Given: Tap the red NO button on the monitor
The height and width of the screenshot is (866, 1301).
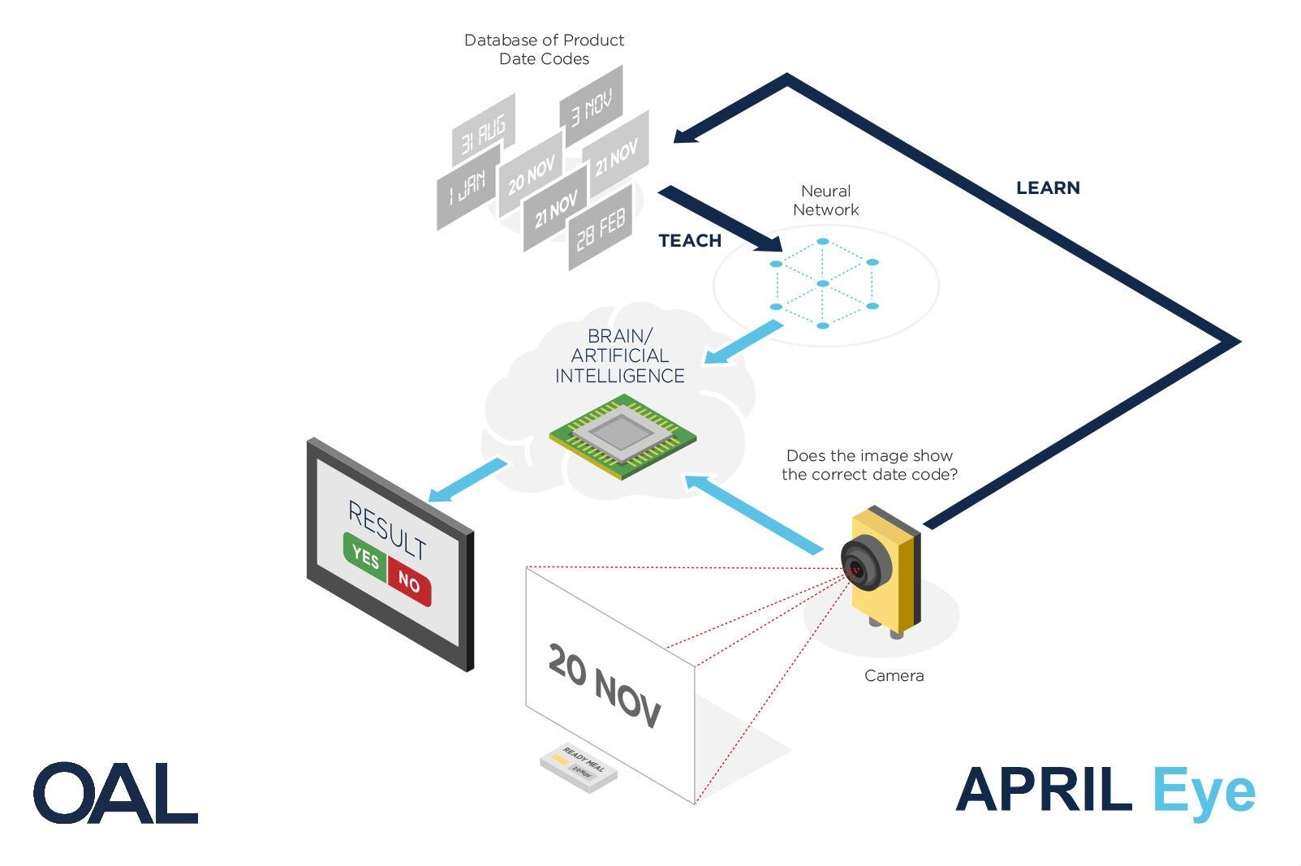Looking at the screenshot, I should pos(409,581).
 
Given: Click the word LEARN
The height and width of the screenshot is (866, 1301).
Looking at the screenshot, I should pos(1048,188).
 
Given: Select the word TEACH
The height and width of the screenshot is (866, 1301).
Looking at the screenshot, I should pos(690,241).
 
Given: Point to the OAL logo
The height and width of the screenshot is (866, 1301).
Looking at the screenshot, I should pos(115,793).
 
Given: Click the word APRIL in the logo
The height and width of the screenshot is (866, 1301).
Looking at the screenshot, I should pos(1044,790).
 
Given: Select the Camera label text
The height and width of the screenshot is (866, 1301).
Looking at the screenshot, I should pos(894,675).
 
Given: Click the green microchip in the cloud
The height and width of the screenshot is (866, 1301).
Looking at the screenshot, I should pos(622,436).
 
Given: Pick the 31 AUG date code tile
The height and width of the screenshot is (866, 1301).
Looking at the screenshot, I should pos(482,135).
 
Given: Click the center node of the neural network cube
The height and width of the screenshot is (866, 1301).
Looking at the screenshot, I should pos(823,283).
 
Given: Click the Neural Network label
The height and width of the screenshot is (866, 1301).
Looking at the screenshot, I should pos(825,200).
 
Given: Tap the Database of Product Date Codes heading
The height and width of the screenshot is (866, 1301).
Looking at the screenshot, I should pos(544,50).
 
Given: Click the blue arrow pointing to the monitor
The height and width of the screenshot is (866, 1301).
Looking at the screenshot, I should pos(465,480).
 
